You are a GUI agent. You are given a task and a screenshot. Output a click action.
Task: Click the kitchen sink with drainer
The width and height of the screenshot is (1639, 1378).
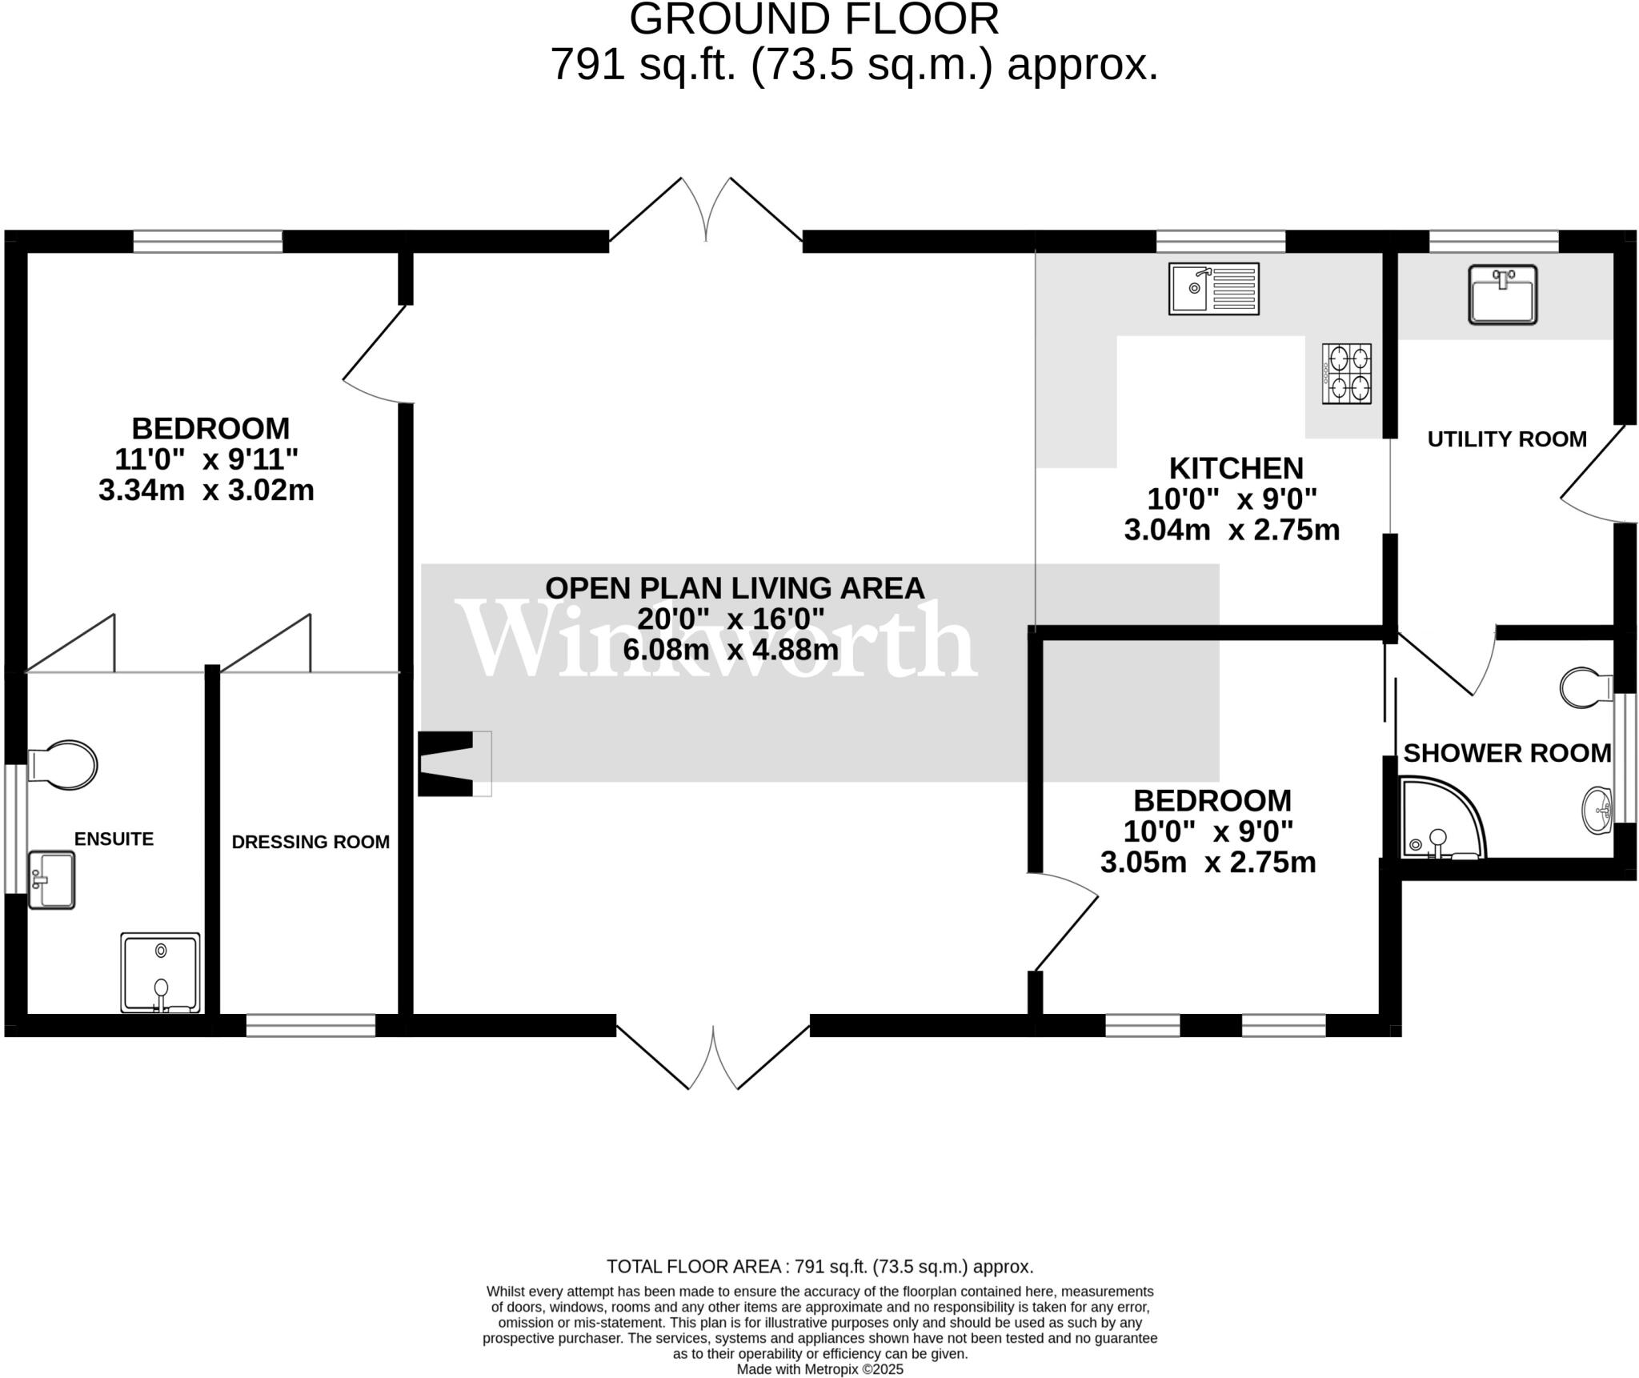tap(1213, 289)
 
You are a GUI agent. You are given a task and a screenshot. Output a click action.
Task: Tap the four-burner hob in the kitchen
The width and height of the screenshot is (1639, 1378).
tap(1347, 374)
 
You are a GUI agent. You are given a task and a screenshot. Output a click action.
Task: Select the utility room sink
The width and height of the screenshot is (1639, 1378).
tap(1503, 294)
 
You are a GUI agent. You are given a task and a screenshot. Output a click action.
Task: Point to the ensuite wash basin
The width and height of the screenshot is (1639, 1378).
tap(51, 879)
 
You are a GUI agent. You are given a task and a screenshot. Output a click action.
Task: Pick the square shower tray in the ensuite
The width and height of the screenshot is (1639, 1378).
tap(160, 971)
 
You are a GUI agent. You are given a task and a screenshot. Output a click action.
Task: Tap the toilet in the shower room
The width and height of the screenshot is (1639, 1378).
tap(1587, 687)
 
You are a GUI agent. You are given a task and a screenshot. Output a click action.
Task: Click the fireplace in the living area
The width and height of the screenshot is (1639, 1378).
tap(453, 763)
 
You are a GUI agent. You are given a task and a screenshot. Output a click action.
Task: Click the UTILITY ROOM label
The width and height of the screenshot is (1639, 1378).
tap(1507, 439)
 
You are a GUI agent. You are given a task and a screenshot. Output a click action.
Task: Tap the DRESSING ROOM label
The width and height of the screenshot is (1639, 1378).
tap(311, 842)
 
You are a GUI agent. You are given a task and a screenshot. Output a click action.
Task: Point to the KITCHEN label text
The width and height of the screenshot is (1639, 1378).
tap(1236, 468)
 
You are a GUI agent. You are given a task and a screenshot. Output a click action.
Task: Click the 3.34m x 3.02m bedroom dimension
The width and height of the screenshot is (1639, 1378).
tap(206, 490)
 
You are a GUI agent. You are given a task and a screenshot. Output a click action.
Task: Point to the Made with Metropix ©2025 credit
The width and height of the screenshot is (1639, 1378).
tap(819, 1369)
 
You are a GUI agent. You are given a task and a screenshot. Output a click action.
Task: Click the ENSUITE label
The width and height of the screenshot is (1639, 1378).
tap(114, 839)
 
